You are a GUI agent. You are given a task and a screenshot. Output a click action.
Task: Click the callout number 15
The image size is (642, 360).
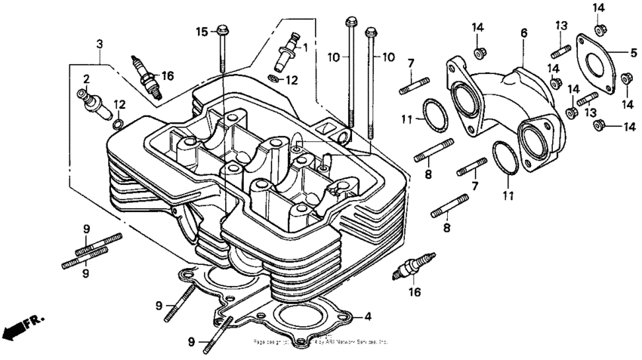tap(201, 32)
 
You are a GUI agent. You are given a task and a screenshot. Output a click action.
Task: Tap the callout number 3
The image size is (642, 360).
tap(99, 44)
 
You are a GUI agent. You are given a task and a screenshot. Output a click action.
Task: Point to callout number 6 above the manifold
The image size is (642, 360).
tap(523, 33)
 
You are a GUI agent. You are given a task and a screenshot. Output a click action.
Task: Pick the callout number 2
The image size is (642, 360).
tap(87, 78)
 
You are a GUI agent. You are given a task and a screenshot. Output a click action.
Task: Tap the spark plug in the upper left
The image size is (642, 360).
tap(147, 75)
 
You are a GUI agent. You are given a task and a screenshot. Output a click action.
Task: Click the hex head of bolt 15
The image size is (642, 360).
tap(222, 31)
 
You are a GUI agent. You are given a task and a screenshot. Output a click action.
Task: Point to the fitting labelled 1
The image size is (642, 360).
tap(289, 49)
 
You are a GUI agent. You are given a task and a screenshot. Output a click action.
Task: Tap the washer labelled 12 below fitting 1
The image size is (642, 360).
tap(273, 78)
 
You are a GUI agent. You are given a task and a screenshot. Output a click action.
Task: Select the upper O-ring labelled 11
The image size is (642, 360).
tap(433, 115)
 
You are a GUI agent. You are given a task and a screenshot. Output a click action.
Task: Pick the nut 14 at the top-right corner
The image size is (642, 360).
tap(598, 29)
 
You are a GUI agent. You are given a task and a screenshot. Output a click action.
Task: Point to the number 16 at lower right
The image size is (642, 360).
tap(414, 292)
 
